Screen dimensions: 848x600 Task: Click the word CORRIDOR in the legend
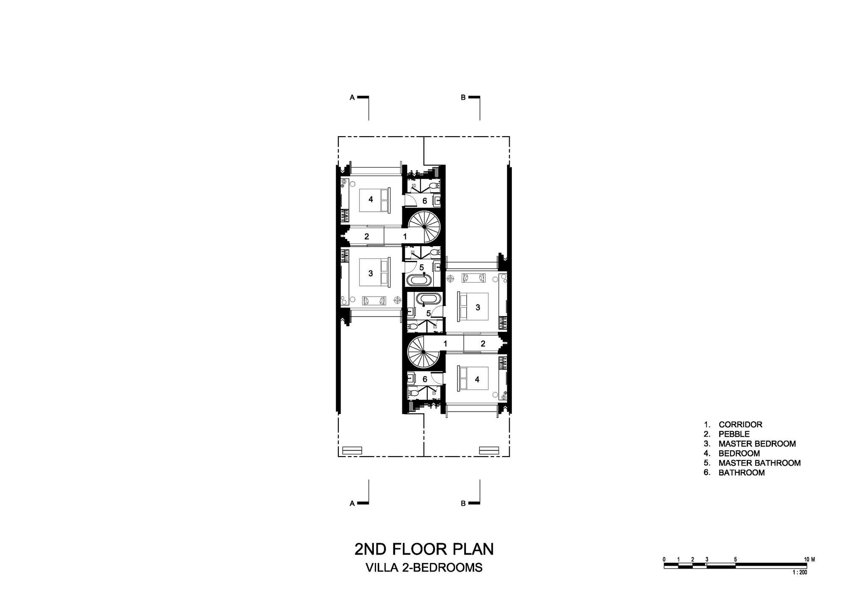point(740,424)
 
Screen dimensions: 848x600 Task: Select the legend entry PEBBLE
point(734,434)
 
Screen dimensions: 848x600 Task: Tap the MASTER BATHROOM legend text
point(759,463)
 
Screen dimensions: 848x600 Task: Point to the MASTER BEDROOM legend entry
point(757,444)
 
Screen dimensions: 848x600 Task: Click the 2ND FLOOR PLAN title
point(424,549)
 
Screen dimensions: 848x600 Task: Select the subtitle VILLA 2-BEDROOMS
point(424,568)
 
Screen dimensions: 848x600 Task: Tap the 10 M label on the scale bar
point(810,560)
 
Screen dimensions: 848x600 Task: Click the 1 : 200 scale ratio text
point(800,572)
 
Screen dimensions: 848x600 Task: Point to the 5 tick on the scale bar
point(735,560)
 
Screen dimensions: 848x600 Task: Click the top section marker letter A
point(352,98)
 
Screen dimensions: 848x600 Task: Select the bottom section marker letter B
point(463,504)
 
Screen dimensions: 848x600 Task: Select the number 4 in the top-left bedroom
point(371,199)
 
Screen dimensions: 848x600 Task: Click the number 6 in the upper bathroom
point(424,201)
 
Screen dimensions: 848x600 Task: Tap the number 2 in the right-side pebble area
point(483,344)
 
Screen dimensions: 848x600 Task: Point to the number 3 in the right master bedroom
point(478,307)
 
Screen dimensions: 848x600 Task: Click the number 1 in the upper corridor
point(405,237)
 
